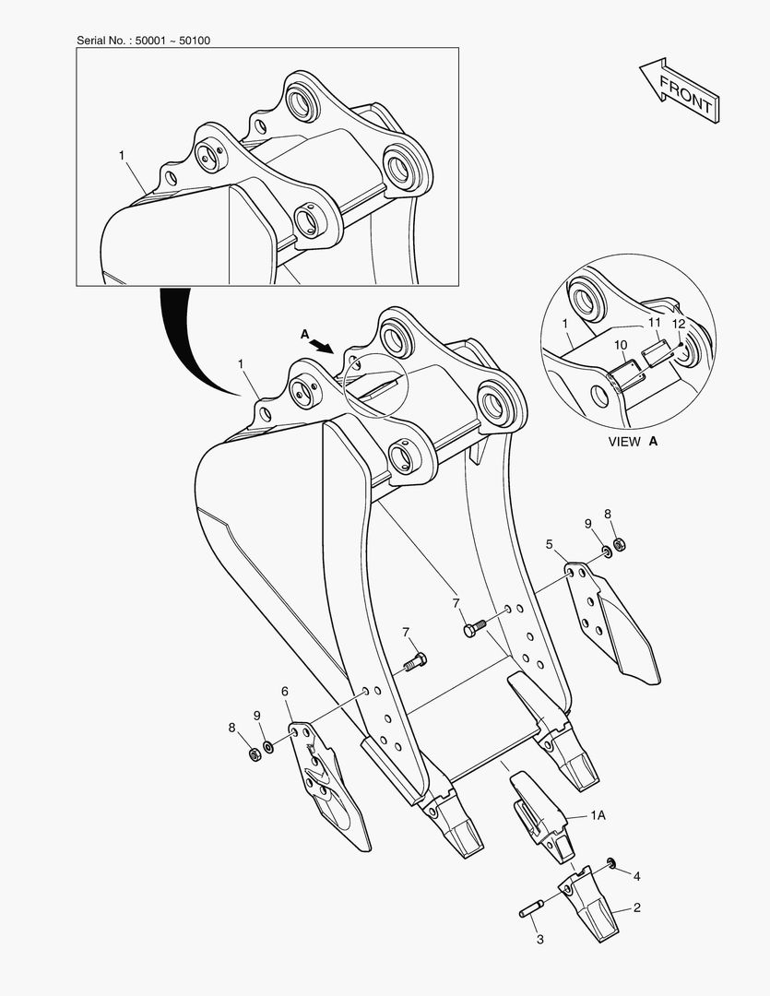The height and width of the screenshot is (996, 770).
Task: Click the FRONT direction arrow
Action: pyautogui.click(x=679, y=90)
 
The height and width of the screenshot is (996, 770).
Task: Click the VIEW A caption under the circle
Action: pyautogui.click(x=633, y=442)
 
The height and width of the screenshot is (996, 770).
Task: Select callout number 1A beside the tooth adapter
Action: pyautogui.click(x=598, y=815)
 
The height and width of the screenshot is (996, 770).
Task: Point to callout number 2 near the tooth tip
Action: pyautogui.click(x=636, y=907)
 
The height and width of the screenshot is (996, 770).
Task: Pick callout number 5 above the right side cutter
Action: pyautogui.click(x=550, y=544)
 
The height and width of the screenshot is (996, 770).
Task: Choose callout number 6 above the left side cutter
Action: pyautogui.click(x=285, y=691)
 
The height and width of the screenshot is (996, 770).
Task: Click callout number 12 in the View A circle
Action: pyautogui.click(x=679, y=324)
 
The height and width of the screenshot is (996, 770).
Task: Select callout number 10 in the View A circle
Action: pyautogui.click(x=621, y=345)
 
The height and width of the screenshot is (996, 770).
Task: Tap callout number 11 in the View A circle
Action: pyautogui.click(x=655, y=323)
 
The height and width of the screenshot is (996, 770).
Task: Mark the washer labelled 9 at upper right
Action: pyautogui.click(x=606, y=550)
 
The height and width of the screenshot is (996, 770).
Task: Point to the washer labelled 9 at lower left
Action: pyautogui.click(x=268, y=746)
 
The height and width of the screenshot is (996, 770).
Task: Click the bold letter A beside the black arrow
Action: pyautogui.click(x=304, y=334)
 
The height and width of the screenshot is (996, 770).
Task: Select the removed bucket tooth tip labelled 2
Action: pyautogui.click(x=586, y=901)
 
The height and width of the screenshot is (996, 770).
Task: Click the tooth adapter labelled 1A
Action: pyautogui.click(x=541, y=815)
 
